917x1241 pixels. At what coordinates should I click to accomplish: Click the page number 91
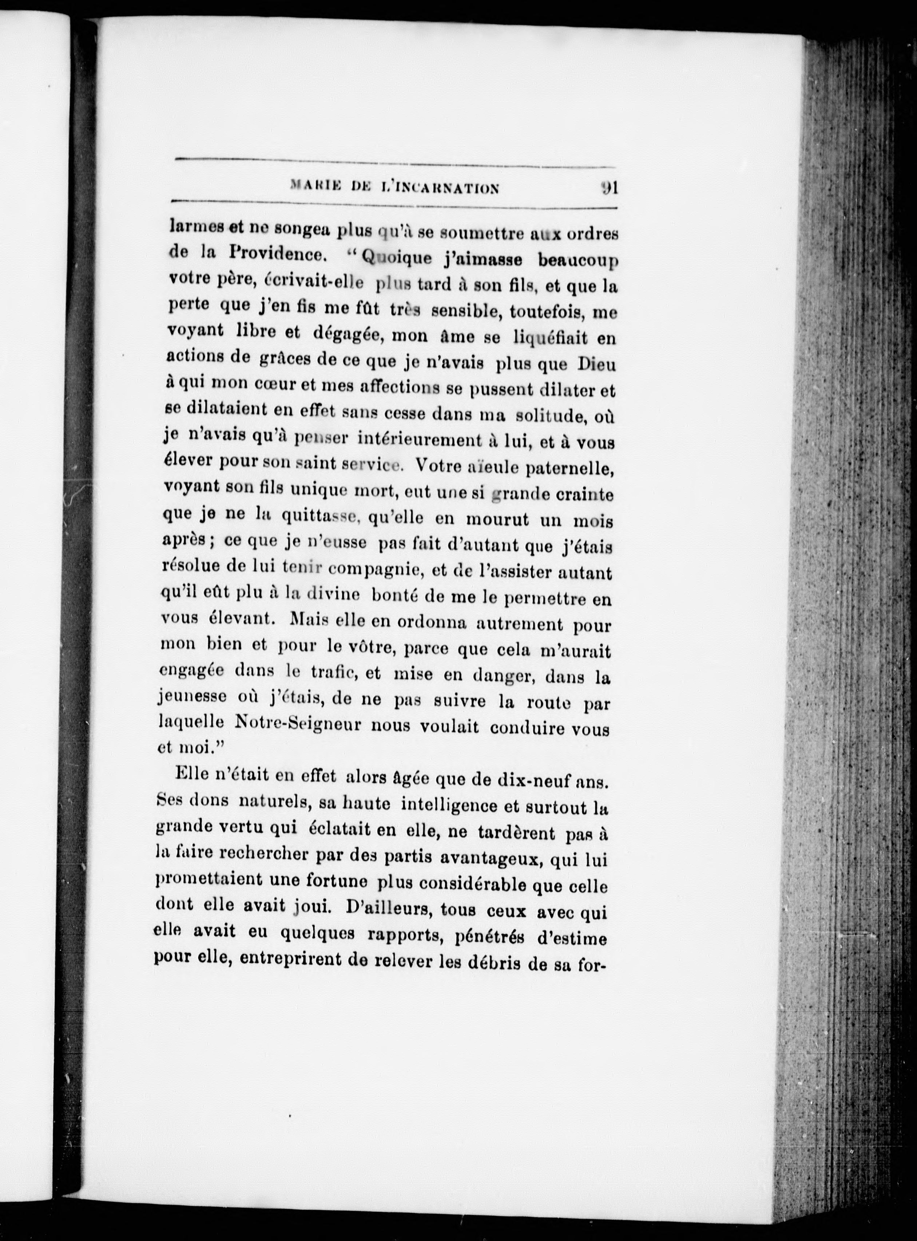coord(608,187)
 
